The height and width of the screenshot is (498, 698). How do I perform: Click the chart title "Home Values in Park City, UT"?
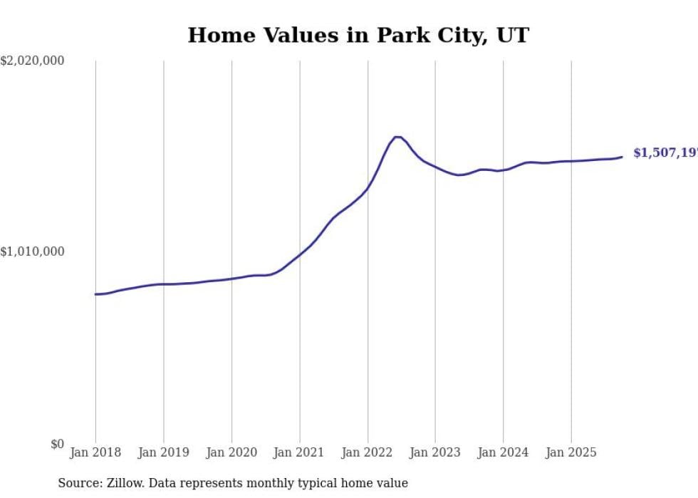coord(358,35)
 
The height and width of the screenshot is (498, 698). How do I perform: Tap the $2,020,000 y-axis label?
coord(32,61)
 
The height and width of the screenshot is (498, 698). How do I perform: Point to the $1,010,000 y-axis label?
coord(32,251)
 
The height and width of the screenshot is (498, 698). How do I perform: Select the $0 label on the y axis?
coord(56,444)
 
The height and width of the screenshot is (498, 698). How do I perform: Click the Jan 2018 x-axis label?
coord(95,452)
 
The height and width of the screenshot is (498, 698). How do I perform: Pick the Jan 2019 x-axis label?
coord(163,452)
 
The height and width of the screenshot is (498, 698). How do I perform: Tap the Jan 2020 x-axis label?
coord(231,452)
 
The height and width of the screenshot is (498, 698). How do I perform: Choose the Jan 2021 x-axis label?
coord(299,452)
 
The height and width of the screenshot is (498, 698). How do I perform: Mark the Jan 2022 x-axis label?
coord(368,452)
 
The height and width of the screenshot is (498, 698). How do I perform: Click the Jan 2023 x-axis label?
coord(435,452)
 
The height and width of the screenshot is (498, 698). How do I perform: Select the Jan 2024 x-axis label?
coord(503,452)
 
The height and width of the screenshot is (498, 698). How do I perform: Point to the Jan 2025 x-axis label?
coord(571,452)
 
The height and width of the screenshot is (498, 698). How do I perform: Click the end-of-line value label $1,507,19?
coord(665,153)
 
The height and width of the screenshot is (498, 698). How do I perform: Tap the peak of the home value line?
coord(397,137)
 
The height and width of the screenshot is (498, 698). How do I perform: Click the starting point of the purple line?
coord(95,294)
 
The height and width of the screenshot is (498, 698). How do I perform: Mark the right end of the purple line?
coord(622,157)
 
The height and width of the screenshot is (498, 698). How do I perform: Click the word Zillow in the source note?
coord(125,483)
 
